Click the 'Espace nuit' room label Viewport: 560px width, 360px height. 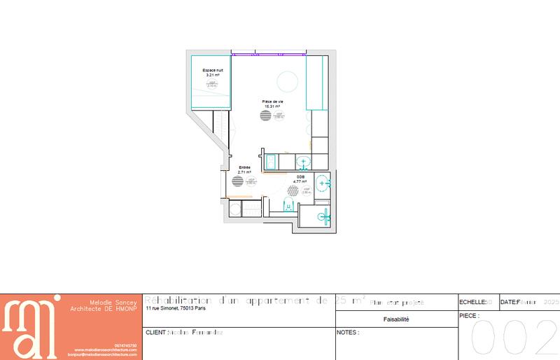tap(213, 70)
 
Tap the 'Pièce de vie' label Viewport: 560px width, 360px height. tap(272, 102)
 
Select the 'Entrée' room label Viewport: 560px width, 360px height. tap(244, 167)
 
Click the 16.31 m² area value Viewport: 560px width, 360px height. tap(272, 106)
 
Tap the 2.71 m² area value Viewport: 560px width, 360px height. tap(244, 172)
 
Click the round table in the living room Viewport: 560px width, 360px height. tap(287, 81)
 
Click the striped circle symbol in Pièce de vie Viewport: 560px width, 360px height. tap(265, 116)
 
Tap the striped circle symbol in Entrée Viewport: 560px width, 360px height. tap(238, 181)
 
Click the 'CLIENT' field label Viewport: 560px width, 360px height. tap(154, 331)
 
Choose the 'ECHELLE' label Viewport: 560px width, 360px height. tap(472, 302)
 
